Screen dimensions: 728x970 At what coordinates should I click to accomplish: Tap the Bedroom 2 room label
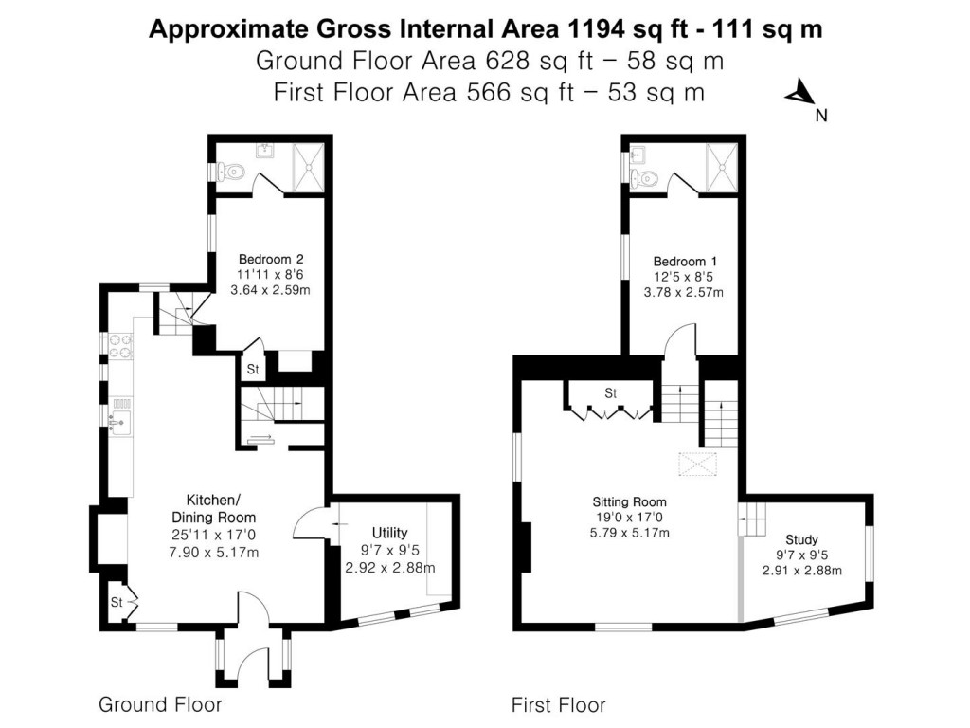click(270, 259)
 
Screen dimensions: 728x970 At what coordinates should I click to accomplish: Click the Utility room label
click(389, 532)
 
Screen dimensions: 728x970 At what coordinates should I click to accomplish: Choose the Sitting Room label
click(629, 501)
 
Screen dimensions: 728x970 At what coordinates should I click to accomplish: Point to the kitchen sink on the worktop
click(120, 417)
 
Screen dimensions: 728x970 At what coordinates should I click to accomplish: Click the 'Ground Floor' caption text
click(160, 704)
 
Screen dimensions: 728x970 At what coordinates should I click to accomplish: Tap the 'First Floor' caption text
click(558, 704)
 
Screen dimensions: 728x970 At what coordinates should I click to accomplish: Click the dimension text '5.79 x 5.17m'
click(629, 533)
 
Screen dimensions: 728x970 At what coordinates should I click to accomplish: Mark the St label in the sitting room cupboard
click(610, 392)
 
